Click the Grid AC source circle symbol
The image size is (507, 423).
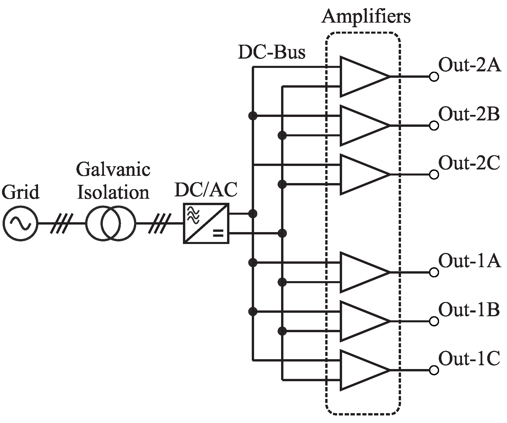pos(20,223)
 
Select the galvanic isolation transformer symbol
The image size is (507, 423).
pos(111,223)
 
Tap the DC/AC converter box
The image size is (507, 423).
pos(206,223)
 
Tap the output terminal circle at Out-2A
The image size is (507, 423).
pos(434,77)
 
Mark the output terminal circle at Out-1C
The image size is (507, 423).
pos(434,370)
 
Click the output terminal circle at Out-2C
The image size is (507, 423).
pos(434,175)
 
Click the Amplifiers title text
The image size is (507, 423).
pos(366,17)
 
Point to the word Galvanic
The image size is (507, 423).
pos(113,170)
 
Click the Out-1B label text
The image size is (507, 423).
pos(469,310)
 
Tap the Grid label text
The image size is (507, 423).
pos(20,192)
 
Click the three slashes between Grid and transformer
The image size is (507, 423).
pos(61,223)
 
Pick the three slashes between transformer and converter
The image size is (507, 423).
pos(159,223)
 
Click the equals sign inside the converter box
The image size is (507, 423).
pos(218,233)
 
